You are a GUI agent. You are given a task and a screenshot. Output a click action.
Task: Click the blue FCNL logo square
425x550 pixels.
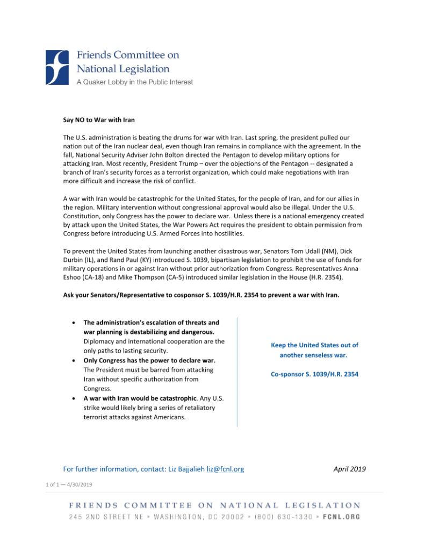click(x=57, y=67)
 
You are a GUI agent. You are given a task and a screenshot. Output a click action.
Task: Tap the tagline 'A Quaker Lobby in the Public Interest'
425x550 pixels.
click(x=135, y=82)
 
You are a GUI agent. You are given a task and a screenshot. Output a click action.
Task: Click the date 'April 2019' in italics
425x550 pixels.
click(x=349, y=469)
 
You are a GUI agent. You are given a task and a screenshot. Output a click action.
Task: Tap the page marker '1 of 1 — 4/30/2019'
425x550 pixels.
click(x=69, y=485)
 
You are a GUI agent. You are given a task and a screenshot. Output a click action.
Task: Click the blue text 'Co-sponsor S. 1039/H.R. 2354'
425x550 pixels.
click(x=314, y=374)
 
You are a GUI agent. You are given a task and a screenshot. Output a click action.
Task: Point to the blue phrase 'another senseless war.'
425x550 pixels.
click(x=314, y=355)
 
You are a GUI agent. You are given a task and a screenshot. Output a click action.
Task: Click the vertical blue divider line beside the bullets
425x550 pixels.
click(x=237, y=371)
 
